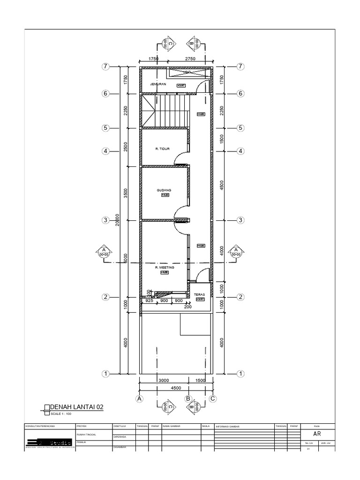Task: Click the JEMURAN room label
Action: (x=158, y=84)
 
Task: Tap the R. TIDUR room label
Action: (x=162, y=149)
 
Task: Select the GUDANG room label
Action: (x=164, y=190)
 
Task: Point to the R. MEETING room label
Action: (x=165, y=267)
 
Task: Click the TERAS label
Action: (x=199, y=295)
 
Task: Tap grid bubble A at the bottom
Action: (x=139, y=398)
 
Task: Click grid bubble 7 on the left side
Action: (x=106, y=67)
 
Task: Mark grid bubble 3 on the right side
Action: (x=240, y=220)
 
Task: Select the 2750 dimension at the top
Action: (x=190, y=59)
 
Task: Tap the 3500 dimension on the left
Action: (x=126, y=193)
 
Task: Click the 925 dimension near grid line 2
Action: (x=150, y=301)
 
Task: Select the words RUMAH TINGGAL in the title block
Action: (x=86, y=435)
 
